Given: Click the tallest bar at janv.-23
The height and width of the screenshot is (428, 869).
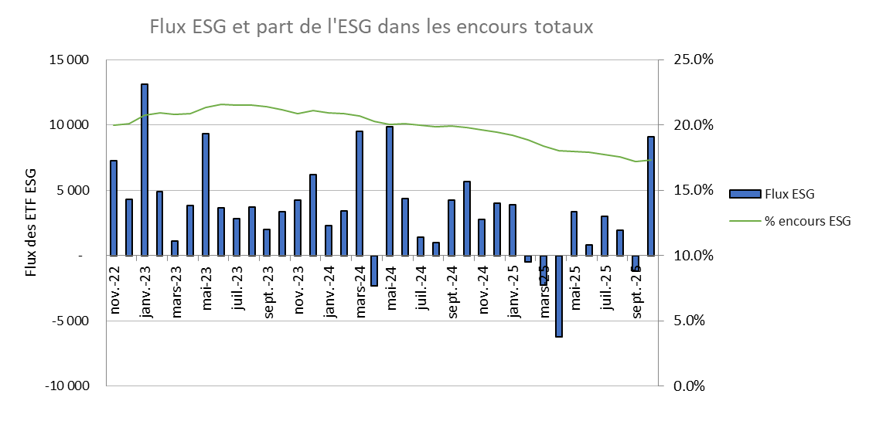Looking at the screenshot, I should click(145, 169).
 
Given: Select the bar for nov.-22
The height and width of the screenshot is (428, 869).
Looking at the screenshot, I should click(114, 208).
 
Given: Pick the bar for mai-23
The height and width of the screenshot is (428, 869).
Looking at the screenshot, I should click(206, 194).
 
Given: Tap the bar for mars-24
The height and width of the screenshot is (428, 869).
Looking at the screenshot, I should click(359, 193).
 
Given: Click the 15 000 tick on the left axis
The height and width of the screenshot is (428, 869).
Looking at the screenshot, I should click(69, 59).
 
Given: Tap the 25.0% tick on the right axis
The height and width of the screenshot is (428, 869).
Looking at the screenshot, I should click(693, 59).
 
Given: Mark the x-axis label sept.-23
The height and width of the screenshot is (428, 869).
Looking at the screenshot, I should click(268, 291).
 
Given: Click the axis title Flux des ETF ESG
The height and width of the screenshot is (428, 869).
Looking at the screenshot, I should click(32, 222).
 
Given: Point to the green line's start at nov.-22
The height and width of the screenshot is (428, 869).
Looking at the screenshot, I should click(114, 125).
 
